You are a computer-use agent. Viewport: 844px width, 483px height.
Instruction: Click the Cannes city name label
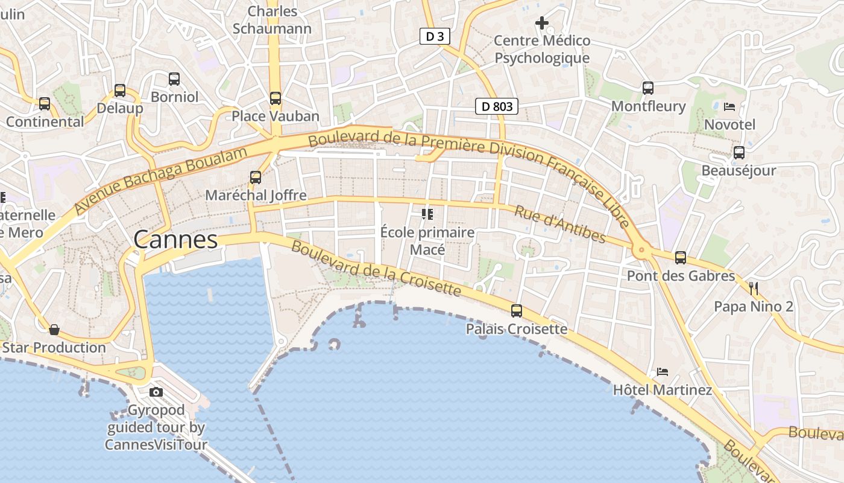175,240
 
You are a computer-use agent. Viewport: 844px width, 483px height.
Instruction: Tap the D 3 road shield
435,36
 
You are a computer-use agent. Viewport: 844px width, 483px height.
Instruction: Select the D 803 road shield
497,107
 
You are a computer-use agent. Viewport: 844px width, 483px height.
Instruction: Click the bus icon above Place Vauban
276,98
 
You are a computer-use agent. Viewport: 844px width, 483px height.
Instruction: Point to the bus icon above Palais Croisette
517,311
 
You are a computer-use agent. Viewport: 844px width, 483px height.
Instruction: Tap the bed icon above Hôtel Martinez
663,372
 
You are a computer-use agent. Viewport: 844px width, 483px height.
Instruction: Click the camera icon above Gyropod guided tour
156,392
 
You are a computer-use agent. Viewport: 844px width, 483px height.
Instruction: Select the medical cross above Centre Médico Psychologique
542,24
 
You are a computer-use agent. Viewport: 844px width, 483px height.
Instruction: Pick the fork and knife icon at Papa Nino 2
753,288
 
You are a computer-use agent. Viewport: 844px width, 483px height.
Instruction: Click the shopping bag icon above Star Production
54,330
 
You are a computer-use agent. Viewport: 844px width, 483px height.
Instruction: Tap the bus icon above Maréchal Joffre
256,177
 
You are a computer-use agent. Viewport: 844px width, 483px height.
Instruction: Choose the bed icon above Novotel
729,107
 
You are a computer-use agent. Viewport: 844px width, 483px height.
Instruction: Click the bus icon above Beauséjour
739,153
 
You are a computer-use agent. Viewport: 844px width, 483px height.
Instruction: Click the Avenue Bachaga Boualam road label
161,180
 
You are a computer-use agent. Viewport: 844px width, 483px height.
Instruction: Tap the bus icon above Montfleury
648,88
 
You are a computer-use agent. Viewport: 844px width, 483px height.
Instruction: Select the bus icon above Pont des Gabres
681,258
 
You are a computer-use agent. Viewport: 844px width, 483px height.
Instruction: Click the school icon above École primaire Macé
427,214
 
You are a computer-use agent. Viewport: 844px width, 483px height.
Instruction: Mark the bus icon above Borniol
174,78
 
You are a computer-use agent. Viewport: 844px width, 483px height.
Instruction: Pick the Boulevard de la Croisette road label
376,269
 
